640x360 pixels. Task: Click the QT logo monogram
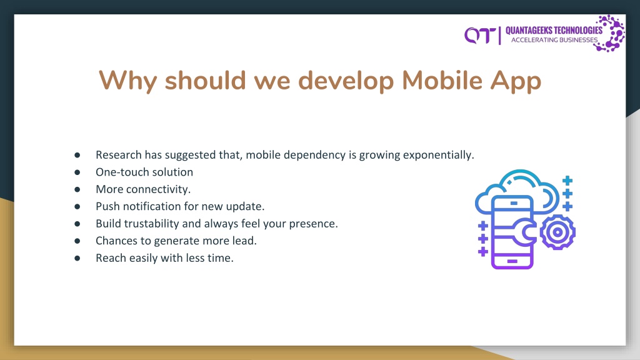(x=480, y=36)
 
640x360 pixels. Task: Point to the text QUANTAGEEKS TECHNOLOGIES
(x=554, y=31)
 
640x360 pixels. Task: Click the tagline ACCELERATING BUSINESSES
(x=554, y=40)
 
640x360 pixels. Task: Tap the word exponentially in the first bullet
(x=438, y=156)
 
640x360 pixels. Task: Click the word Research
(x=119, y=155)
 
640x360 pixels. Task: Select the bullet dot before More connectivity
(x=77, y=189)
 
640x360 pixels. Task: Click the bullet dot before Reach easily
(x=77, y=258)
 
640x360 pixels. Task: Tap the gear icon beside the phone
(x=557, y=232)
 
